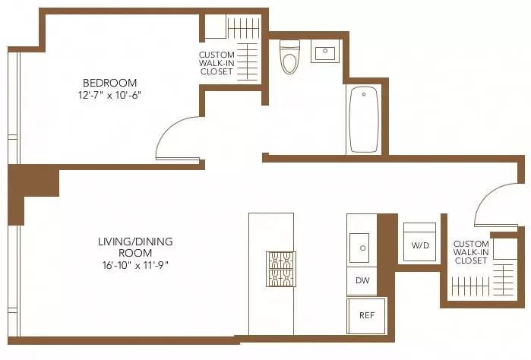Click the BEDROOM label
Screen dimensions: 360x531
pyautogui.click(x=109, y=82)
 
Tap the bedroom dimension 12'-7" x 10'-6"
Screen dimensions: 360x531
pyautogui.click(x=109, y=96)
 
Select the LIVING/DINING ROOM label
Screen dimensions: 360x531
pyautogui.click(x=135, y=247)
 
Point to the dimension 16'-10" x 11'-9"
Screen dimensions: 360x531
pyautogui.click(x=135, y=265)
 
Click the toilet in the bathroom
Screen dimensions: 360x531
pyautogui.click(x=289, y=57)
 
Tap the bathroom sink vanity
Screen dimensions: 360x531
pyautogui.click(x=324, y=52)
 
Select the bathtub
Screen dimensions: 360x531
pyautogui.click(x=362, y=119)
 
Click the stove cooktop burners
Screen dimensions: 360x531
pyautogui.click(x=280, y=269)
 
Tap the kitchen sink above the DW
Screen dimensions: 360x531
pyautogui.click(x=359, y=247)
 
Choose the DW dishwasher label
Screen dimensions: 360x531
pyautogui.click(x=362, y=279)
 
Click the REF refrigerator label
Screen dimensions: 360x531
pyautogui.click(x=365, y=314)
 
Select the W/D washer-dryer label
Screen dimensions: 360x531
pyautogui.click(x=419, y=246)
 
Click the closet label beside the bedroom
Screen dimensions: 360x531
pyautogui.click(x=217, y=64)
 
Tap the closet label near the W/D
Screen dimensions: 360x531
pyautogui.click(x=471, y=252)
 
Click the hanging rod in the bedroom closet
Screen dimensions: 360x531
pyautogui.click(x=243, y=29)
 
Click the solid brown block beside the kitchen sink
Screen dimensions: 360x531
pyautogui.click(x=386, y=241)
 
